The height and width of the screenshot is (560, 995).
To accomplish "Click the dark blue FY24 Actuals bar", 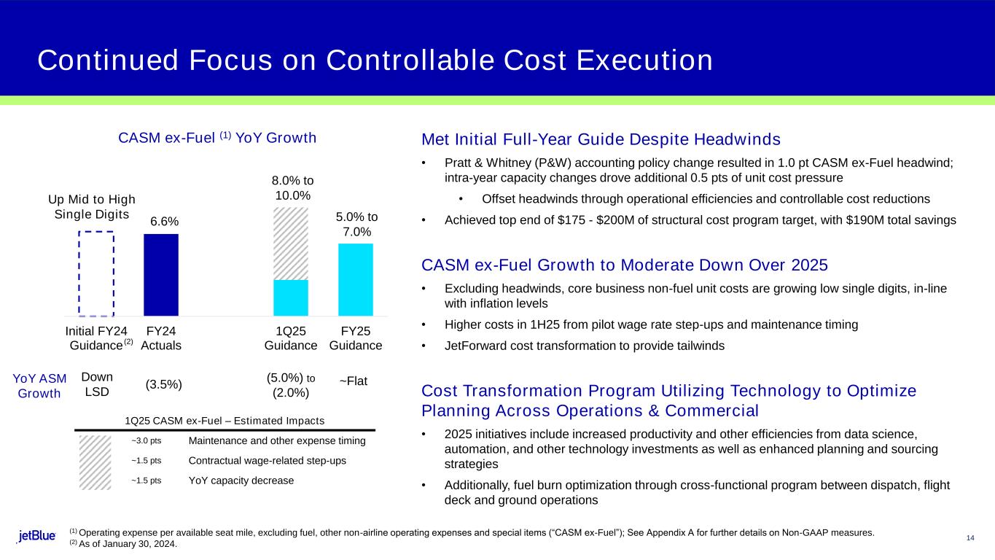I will point(161,275).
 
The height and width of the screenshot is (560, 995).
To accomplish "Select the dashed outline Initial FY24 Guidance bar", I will point(95,273).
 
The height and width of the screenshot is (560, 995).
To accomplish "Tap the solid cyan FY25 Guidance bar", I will point(355,279).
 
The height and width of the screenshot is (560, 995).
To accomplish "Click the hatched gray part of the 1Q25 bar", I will point(290,244).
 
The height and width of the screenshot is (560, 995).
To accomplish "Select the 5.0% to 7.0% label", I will point(356,224).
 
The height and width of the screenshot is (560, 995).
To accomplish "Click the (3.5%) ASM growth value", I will point(164,384).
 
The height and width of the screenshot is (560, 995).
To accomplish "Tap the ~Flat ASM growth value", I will point(354,381).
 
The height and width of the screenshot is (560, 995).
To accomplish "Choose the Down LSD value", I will point(96,384).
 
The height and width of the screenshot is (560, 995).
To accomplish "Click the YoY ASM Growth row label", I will point(40,386).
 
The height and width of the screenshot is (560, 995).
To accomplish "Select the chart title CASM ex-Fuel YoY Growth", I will point(216,138).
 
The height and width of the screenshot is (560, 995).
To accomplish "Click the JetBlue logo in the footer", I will point(37,536).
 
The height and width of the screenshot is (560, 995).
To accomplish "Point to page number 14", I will point(970,538).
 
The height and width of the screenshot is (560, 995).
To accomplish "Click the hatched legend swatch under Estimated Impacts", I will point(95,463).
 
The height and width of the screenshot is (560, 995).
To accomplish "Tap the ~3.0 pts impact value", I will point(147,441).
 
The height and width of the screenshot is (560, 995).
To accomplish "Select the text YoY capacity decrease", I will point(241,481).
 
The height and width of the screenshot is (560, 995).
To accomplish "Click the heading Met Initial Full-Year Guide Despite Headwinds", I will point(601,139).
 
